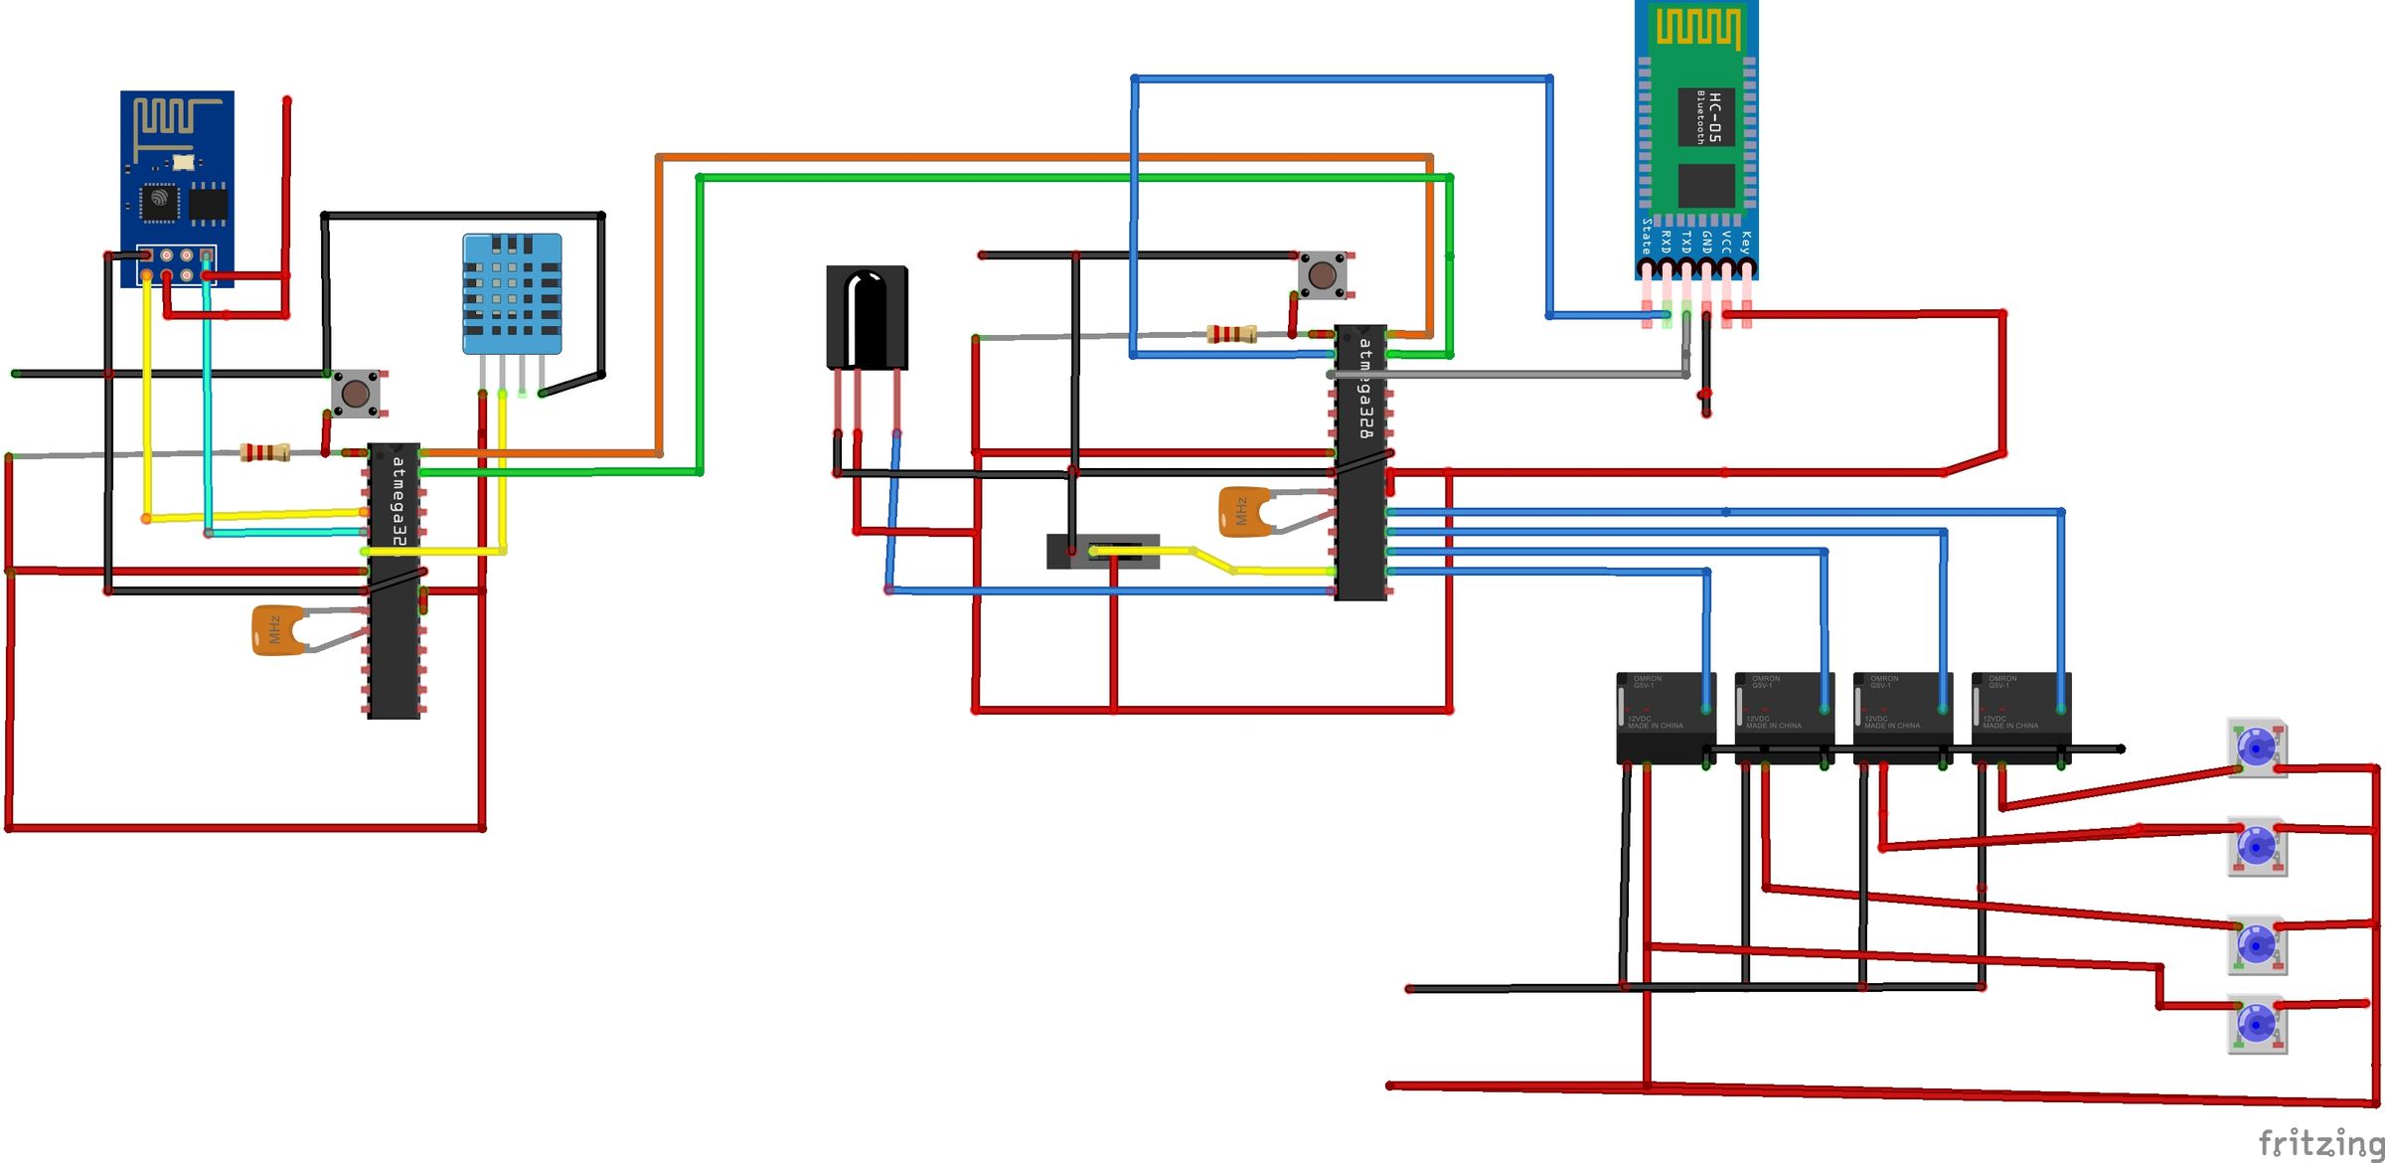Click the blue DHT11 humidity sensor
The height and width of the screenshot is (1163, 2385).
(512, 293)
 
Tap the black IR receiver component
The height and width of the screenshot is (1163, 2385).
(867, 316)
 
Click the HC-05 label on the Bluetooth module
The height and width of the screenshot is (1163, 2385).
(1713, 117)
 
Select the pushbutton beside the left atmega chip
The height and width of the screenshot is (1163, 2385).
(356, 393)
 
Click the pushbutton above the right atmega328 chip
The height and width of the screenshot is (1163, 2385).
(1322, 274)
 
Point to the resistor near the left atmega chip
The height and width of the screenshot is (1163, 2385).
(264, 453)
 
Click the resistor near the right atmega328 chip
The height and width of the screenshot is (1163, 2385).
(1231, 334)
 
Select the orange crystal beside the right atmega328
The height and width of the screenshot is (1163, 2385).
(1243, 512)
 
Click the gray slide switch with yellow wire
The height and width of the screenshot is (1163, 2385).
(1103, 552)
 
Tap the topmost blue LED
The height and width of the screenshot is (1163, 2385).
(2256, 748)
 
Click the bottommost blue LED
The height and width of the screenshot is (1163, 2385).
(2256, 1024)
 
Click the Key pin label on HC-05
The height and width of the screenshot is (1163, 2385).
(1746, 242)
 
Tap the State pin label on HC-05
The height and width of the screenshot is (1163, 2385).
(1646, 237)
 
